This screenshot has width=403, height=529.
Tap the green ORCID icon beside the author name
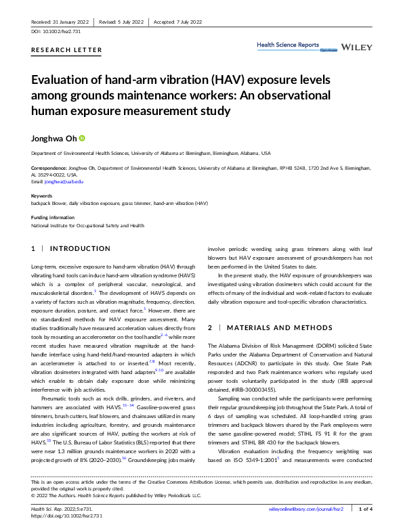pos(83,138)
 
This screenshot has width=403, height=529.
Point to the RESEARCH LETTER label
pos(67,50)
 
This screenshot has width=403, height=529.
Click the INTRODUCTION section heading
pos(79,249)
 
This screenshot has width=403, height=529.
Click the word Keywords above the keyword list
pos(42,196)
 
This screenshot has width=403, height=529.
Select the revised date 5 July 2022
pos(128,22)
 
